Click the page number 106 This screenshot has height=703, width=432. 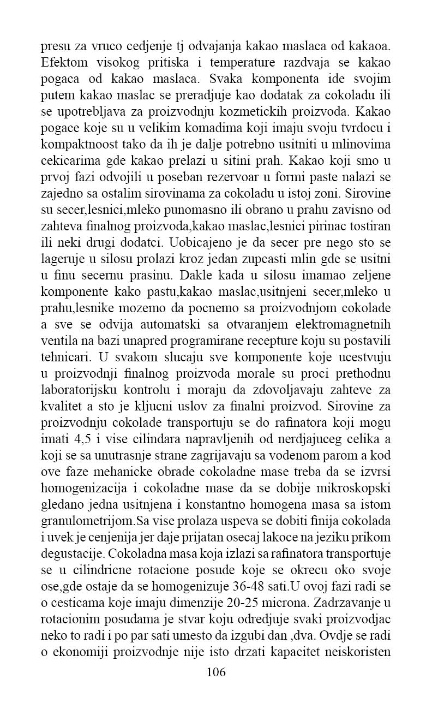click(216, 671)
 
